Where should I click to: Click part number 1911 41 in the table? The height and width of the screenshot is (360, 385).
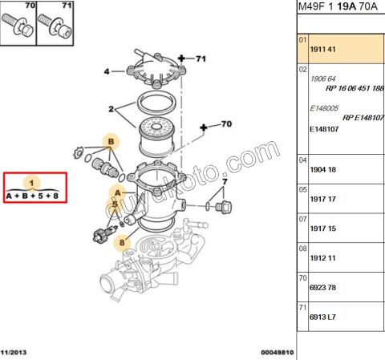click(322, 50)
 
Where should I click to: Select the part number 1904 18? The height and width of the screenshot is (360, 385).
click(322, 170)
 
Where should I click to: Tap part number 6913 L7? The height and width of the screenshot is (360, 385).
click(322, 317)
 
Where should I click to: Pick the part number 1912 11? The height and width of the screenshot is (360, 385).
click(322, 258)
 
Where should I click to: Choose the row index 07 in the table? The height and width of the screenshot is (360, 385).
click(302, 220)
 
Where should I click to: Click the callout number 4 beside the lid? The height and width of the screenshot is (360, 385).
click(107, 71)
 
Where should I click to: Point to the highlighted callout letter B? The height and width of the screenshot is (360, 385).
click(111, 141)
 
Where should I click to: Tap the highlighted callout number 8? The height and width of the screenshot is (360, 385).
click(122, 242)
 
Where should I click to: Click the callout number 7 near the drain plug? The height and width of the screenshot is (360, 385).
click(225, 182)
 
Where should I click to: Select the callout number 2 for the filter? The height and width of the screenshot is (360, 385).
click(111, 109)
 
